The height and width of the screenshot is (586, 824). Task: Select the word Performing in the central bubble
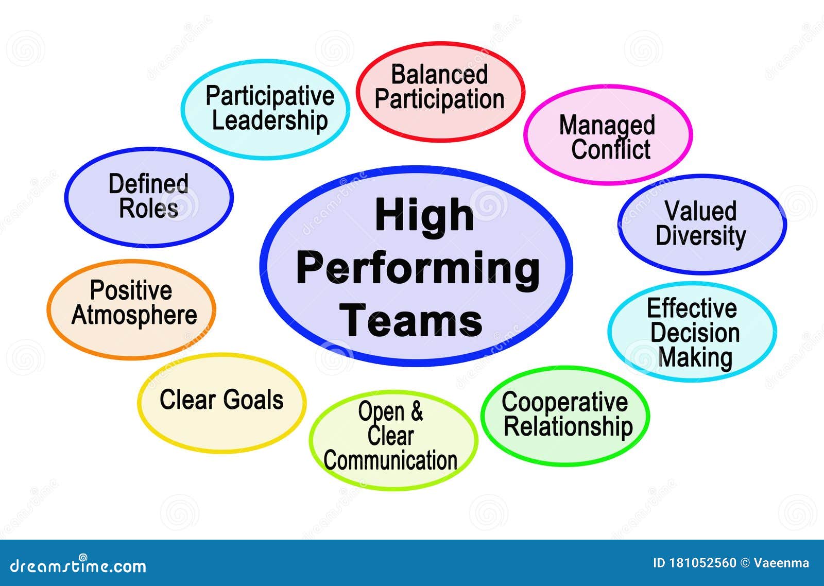[418, 270]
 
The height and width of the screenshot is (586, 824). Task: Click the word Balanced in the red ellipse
[439, 75]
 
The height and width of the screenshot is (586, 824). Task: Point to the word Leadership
[270, 122]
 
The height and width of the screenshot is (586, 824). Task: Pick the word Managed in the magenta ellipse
[607, 126]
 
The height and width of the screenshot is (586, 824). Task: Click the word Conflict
[611, 149]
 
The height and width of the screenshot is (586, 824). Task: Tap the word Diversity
[701, 236]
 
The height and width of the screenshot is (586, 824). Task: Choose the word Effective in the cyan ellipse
[692, 308]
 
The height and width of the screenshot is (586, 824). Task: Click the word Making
[695, 358]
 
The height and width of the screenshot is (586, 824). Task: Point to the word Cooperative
[564, 403]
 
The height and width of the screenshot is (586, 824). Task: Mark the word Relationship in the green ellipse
[568, 427]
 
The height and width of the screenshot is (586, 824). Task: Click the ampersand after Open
[417, 411]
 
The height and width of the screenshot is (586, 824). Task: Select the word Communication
[390, 460]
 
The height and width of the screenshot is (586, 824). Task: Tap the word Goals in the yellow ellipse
[253, 400]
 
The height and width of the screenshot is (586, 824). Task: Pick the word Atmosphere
[134, 315]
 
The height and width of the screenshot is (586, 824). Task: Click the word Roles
[149, 209]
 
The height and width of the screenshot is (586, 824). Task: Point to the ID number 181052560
[702, 563]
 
